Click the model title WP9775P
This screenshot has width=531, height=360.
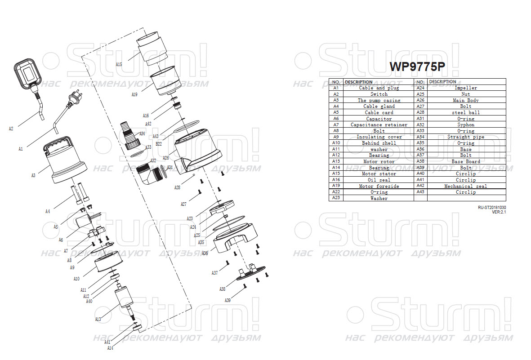click(x=417, y=67)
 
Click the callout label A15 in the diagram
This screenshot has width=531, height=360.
click(x=119, y=65)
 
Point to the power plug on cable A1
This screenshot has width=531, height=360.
click(x=71, y=98)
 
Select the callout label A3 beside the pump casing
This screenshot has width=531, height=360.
click(x=33, y=175)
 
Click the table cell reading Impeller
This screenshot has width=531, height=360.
click(x=466, y=88)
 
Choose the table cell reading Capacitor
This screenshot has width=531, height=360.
click(x=379, y=119)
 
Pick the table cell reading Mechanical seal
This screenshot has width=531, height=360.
click(x=466, y=186)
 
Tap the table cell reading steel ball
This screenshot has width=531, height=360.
click(x=466, y=112)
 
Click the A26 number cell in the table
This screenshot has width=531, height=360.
click(x=420, y=100)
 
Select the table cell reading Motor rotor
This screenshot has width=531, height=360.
click(x=379, y=161)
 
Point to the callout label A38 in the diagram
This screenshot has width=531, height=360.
click(x=223, y=289)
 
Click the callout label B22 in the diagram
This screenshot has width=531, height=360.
click(x=159, y=144)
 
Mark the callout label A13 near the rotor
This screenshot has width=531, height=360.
click(x=98, y=319)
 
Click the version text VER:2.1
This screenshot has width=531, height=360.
click(x=499, y=212)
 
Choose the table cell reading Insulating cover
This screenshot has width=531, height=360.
click(x=379, y=137)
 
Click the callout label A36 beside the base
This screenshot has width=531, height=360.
click(x=205, y=253)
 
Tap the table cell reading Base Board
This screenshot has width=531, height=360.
click(x=466, y=161)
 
